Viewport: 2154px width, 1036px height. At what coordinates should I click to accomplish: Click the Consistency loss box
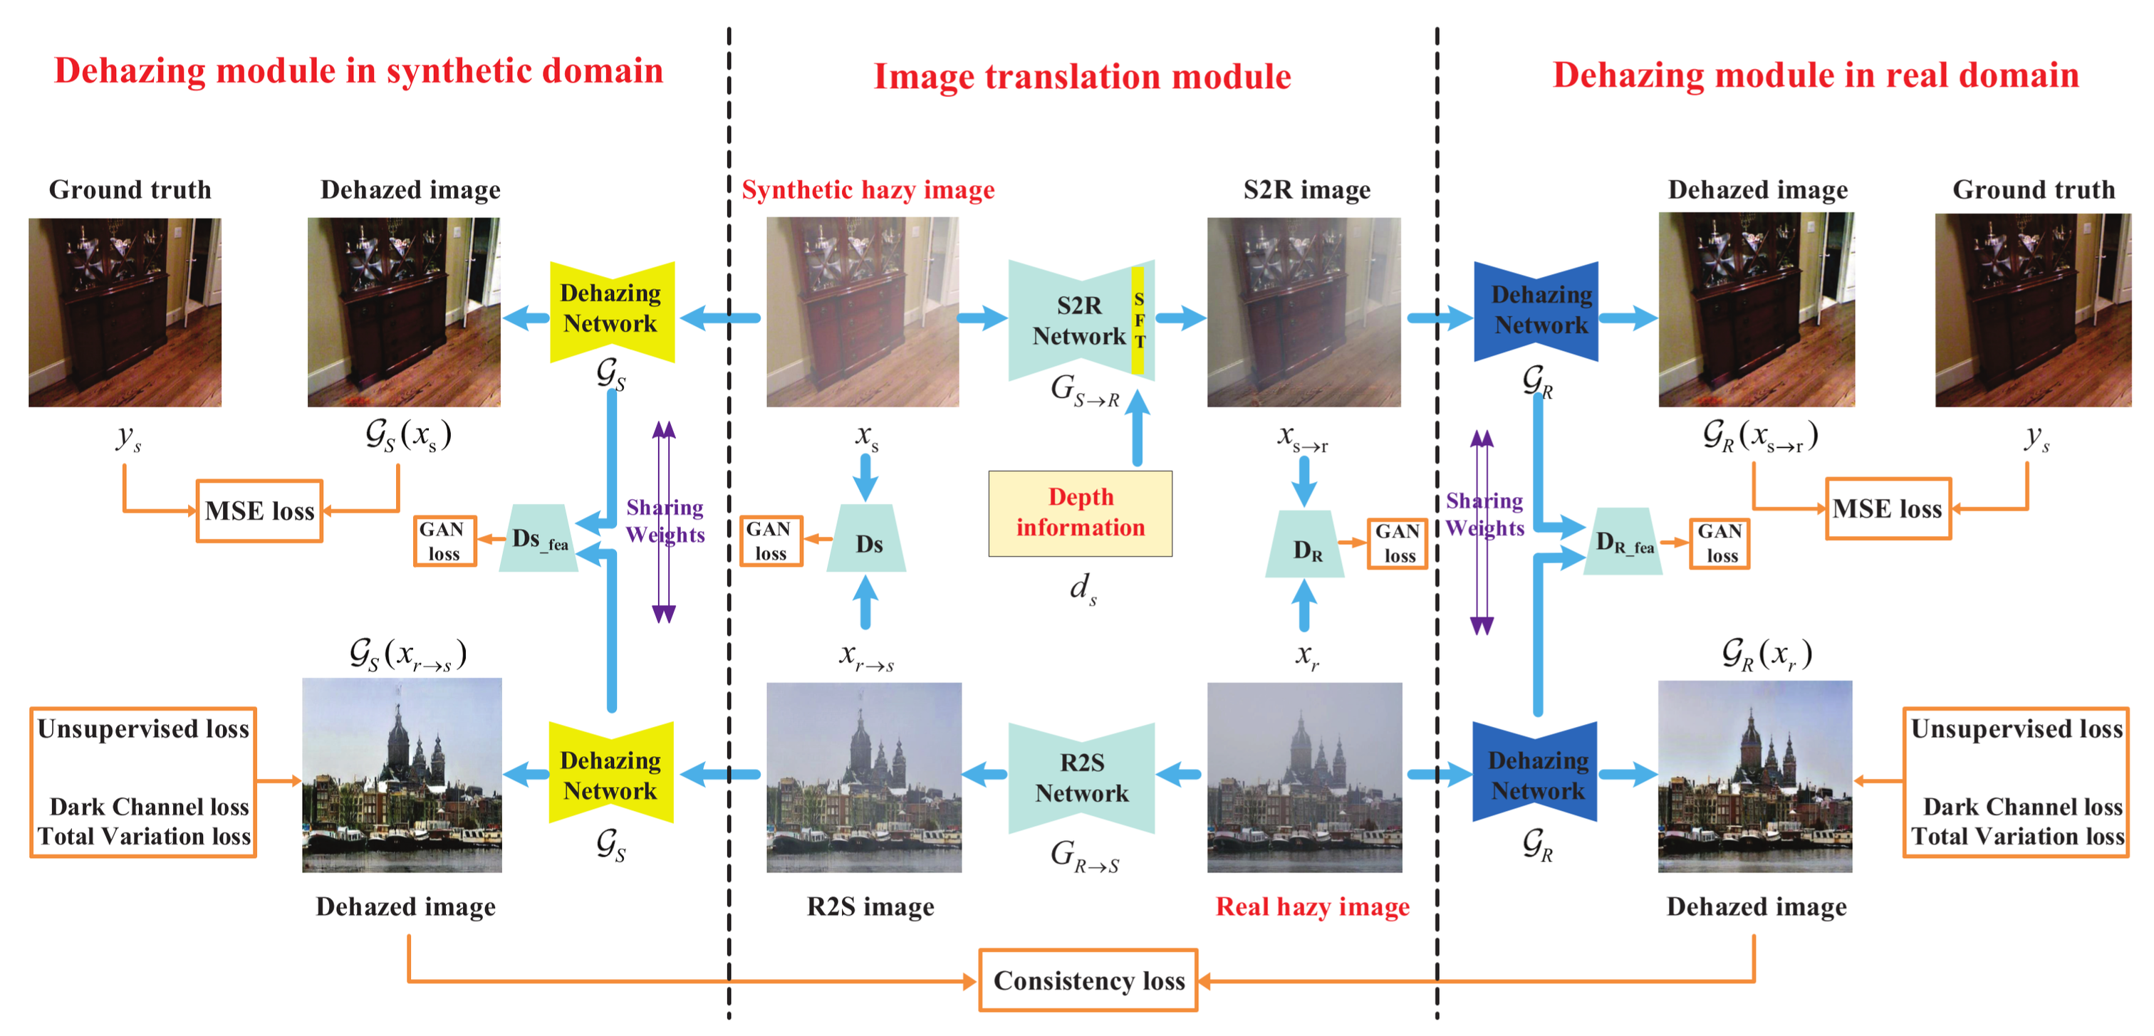(1088, 980)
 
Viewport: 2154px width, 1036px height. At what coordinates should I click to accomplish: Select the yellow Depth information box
(1081, 513)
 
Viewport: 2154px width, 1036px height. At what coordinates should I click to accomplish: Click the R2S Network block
(1081, 778)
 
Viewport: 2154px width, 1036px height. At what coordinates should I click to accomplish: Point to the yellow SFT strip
(1138, 320)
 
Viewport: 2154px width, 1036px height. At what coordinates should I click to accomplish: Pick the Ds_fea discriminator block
(538, 539)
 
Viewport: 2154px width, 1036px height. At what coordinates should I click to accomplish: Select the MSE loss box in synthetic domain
(259, 510)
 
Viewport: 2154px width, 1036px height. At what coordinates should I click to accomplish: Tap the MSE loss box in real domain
(1888, 508)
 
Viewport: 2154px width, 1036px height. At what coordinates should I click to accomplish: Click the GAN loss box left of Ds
(770, 541)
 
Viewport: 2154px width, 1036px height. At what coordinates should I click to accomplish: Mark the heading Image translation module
(1082, 76)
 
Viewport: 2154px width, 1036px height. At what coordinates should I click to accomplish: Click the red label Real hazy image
(1312, 906)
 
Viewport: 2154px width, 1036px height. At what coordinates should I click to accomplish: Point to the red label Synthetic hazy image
(868, 190)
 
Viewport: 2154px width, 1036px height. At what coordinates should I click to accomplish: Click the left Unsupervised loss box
(143, 782)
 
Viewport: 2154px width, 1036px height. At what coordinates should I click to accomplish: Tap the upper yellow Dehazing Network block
(611, 310)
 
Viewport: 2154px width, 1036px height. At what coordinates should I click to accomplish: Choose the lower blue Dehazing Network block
(1535, 773)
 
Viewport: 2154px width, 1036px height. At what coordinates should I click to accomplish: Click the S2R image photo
(1304, 312)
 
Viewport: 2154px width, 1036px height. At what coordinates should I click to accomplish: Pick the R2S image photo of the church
(864, 777)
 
